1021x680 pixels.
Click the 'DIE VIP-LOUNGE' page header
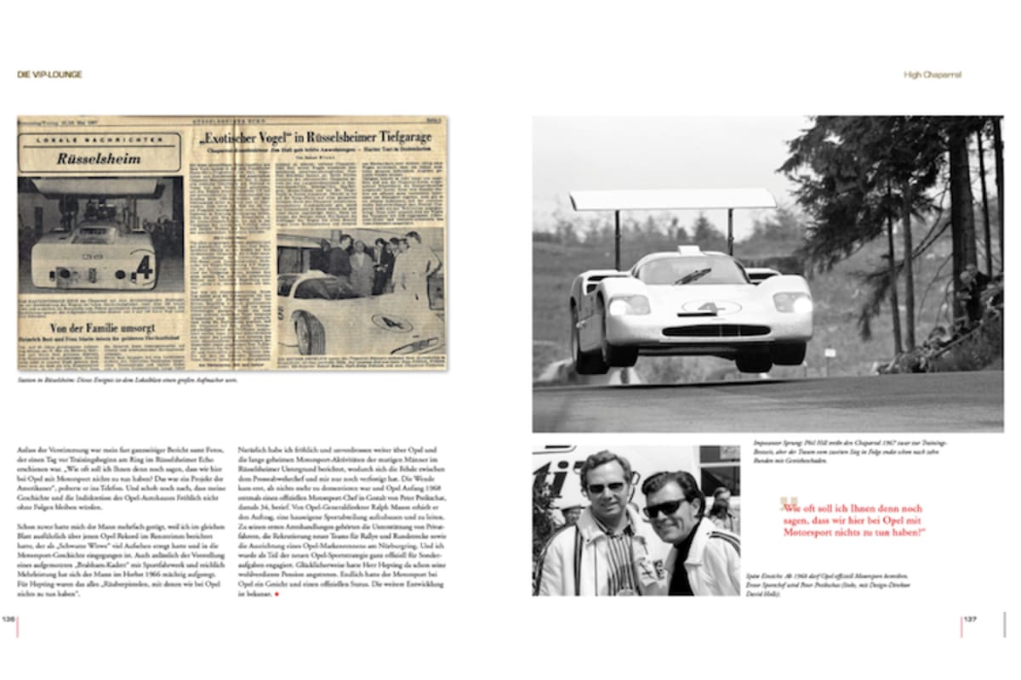point(49,75)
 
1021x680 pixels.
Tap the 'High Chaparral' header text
point(933,75)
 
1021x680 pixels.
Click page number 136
point(9,619)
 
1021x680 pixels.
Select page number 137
point(971,619)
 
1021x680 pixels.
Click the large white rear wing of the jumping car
point(672,199)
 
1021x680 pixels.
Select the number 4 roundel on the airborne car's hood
point(711,307)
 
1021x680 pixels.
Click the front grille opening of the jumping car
point(715,330)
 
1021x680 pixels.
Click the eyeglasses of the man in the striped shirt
point(606,487)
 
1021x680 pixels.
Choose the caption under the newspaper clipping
point(128,380)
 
